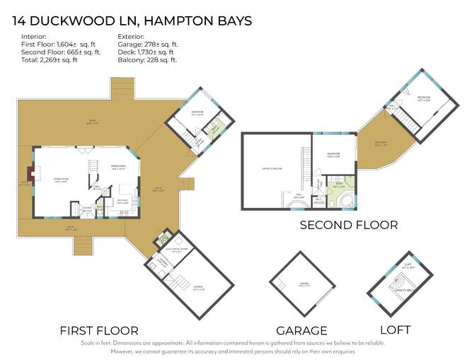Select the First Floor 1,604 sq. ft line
click(60, 43)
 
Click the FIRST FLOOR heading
click(99, 330)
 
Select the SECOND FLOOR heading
click(349, 225)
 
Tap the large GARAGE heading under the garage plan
click(302, 330)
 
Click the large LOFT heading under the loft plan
click(395, 330)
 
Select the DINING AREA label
click(117, 168)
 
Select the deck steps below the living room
click(82, 245)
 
